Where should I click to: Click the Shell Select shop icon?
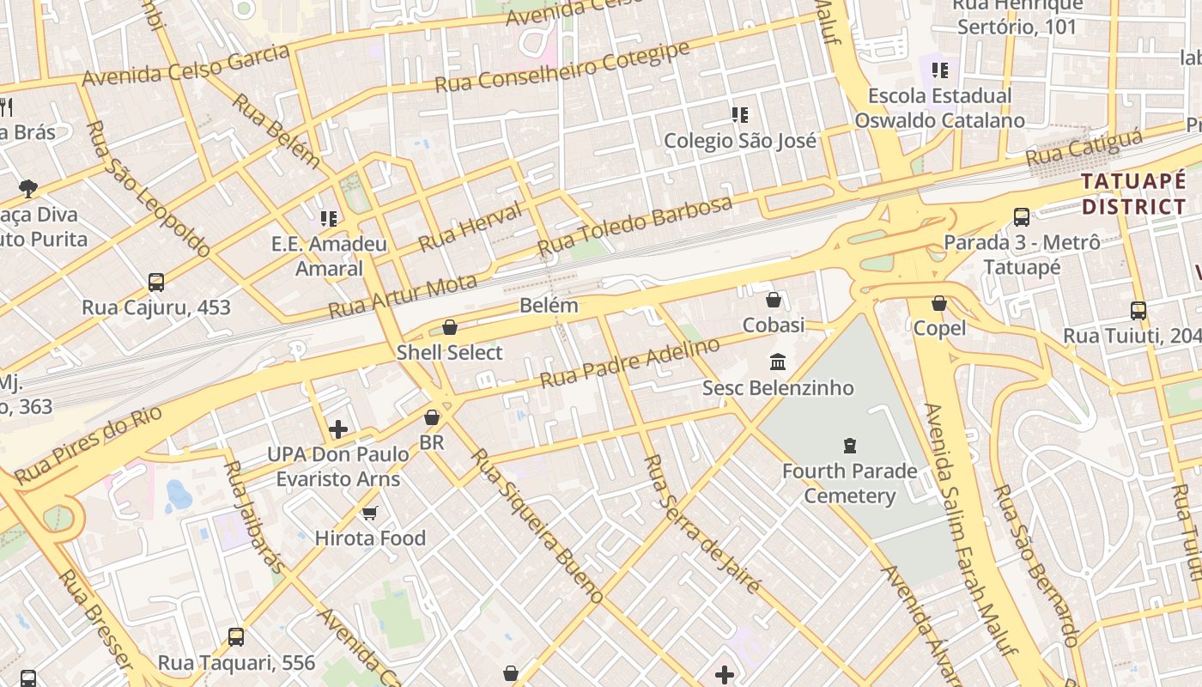(x=449, y=327)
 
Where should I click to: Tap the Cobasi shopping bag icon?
(x=774, y=300)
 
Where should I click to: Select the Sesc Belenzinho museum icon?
(x=778, y=362)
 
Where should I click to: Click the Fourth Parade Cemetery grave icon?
(x=850, y=445)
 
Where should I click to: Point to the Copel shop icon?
(x=939, y=303)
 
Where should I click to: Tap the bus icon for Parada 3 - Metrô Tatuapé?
(x=1022, y=217)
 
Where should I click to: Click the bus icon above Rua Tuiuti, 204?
(x=1138, y=311)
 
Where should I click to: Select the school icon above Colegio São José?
(x=739, y=114)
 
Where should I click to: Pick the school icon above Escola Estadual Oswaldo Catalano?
(x=940, y=70)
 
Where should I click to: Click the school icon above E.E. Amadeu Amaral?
(x=329, y=219)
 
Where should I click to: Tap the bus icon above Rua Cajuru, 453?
(x=156, y=282)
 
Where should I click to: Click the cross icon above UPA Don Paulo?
(x=338, y=429)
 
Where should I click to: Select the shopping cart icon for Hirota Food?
(x=370, y=513)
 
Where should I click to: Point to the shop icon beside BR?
(x=432, y=417)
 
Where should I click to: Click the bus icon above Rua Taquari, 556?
(x=236, y=637)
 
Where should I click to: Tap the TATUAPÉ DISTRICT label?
(x=1133, y=194)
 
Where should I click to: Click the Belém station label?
(x=549, y=306)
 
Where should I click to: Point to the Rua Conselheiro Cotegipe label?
(x=562, y=66)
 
